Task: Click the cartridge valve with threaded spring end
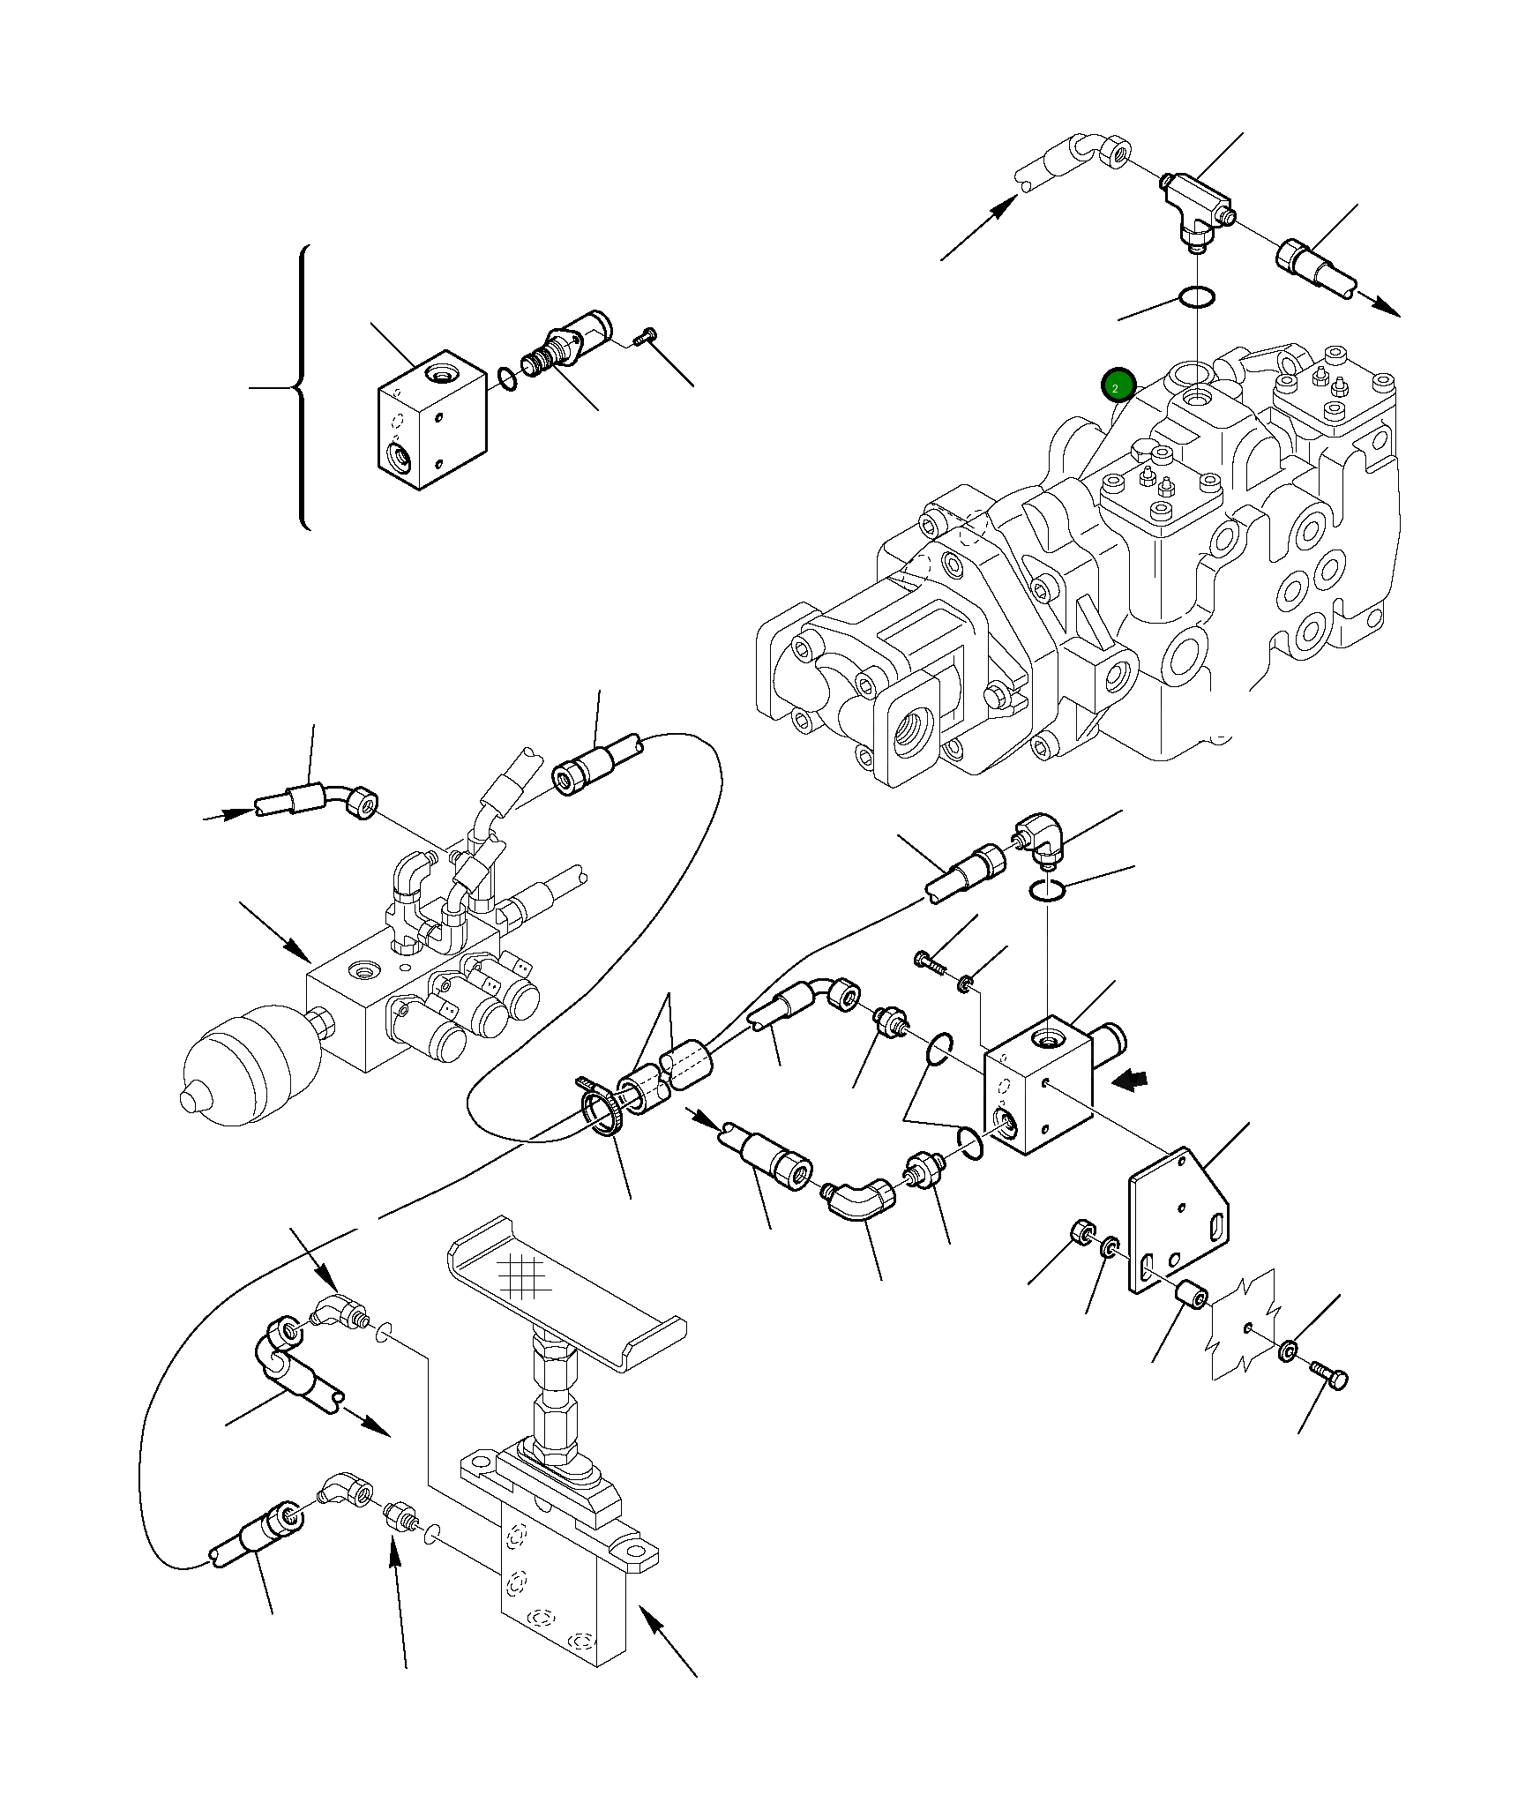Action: pos(565,346)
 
